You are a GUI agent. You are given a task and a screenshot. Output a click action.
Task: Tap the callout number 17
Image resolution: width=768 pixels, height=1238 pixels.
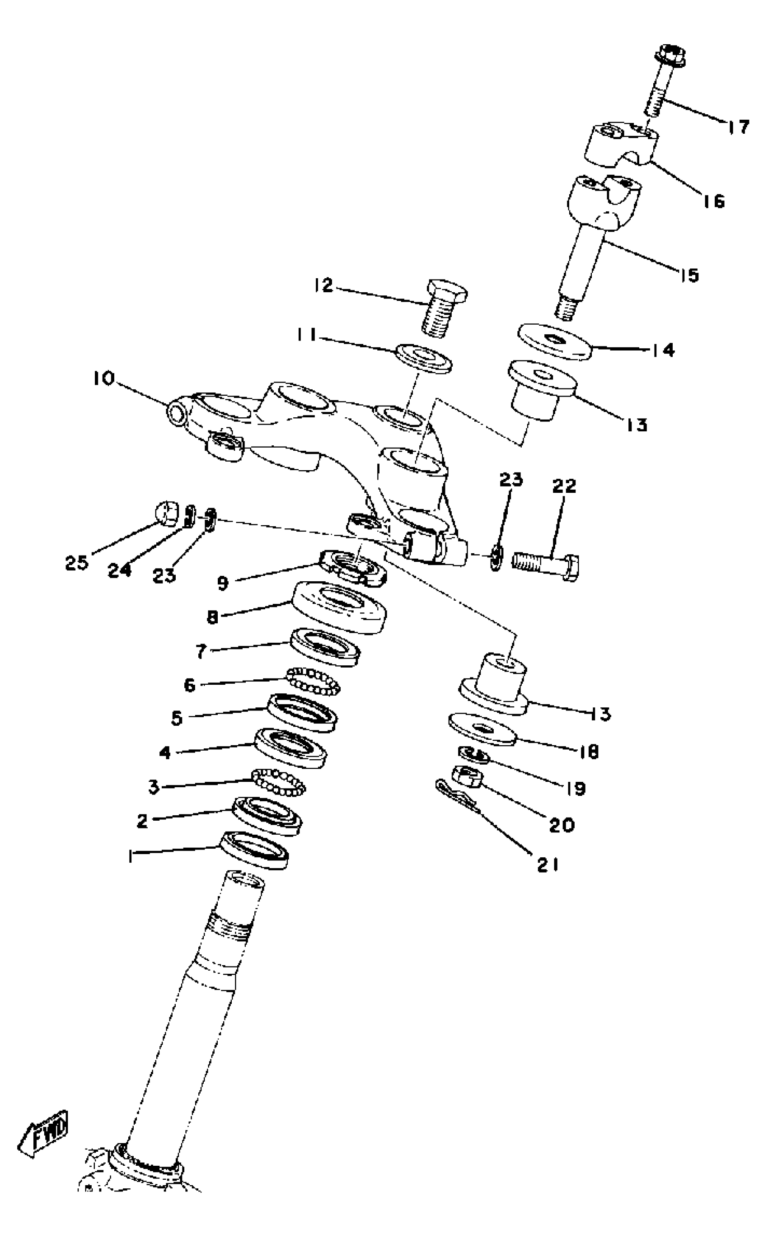(737, 126)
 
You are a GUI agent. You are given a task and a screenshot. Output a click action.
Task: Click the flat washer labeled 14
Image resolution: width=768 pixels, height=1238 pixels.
(555, 341)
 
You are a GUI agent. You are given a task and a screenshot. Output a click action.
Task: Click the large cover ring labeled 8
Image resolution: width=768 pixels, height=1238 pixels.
(340, 607)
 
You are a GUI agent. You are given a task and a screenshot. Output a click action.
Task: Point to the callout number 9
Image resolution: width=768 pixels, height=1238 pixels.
(222, 584)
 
